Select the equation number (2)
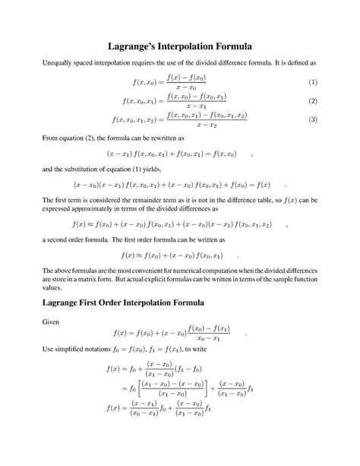tap(312, 101)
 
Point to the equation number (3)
tap(312, 120)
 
